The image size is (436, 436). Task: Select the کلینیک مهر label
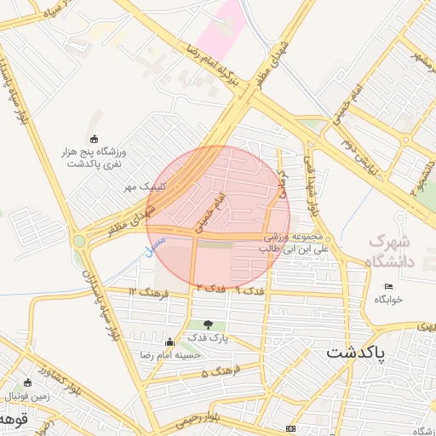click(x=141, y=186)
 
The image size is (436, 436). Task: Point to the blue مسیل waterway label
click(x=154, y=247)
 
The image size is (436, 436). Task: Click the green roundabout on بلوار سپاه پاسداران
click(x=79, y=241)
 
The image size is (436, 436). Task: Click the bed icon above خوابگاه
click(x=389, y=286)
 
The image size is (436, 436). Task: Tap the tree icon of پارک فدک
click(x=209, y=324)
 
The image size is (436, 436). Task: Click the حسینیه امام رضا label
click(x=170, y=353)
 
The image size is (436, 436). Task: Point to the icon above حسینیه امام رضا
click(x=169, y=341)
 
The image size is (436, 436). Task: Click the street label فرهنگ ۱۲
click(x=144, y=292)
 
